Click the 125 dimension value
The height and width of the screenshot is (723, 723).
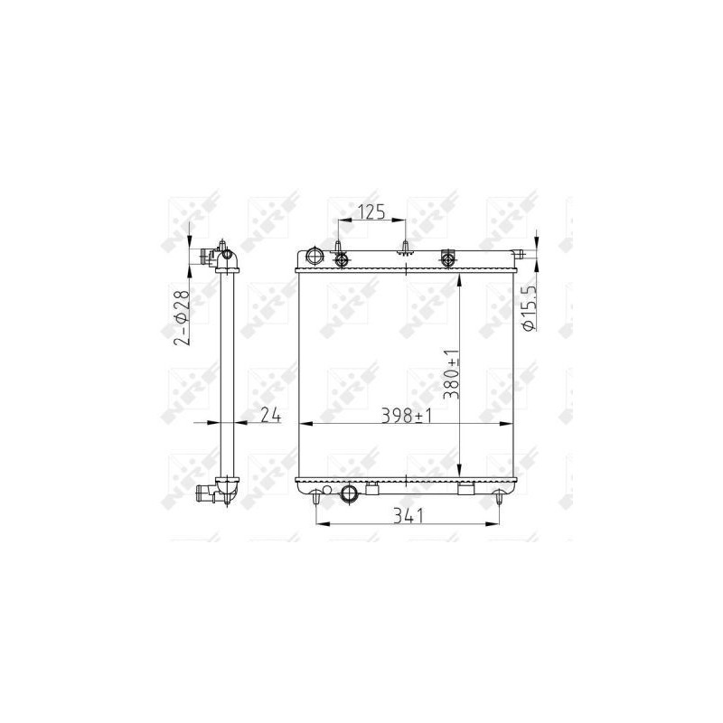(372, 212)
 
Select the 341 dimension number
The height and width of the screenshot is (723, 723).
(408, 516)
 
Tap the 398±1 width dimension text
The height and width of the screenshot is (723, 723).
(406, 416)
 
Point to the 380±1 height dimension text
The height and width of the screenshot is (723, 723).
(451, 374)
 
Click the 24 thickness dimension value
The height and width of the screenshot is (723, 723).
(270, 415)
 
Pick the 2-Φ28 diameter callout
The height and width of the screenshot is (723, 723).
(182, 318)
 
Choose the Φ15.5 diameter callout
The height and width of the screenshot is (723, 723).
(529, 307)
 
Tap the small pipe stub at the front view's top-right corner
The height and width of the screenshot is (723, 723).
(518, 253)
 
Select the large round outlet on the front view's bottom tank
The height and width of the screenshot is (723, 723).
(349, 493)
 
